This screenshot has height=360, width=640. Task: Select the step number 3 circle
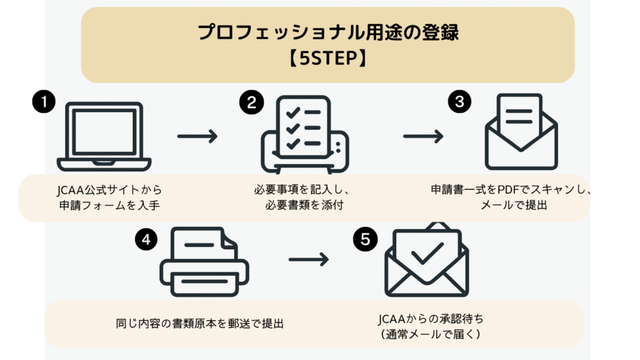point(459,102)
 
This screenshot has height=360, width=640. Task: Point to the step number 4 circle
point(146,239)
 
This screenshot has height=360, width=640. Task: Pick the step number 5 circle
point(364,239)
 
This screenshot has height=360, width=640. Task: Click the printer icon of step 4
point(204,262)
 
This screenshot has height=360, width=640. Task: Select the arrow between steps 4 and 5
point(308,259)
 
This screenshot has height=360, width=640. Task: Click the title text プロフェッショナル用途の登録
point(327,33)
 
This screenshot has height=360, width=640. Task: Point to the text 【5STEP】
point(327,58)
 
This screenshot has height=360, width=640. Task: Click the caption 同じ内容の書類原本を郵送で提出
point(200,324)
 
